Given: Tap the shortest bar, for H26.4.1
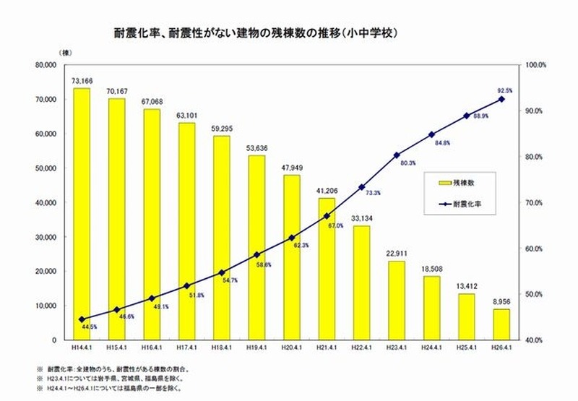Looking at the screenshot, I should pyautogui.click(x=501, y=324).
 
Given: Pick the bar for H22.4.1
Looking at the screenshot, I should pyautogui.click(x=361, y=283).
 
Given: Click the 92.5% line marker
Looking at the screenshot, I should pyautogui.click(x=501, y=99).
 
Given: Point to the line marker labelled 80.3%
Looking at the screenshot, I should pyautogui.click(x=397, y=155).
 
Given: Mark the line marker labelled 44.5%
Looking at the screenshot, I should pyautogui.click(x=82, y=319).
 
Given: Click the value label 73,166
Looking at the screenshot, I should pyautogui.click(x=82, y=81).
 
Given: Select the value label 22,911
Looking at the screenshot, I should pyautogui.click(x=397, y=254).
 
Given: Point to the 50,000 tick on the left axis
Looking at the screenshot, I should pyautogui.click(x=47, y=168).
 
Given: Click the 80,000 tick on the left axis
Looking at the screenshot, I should pyautogui.click(x=47, y=65).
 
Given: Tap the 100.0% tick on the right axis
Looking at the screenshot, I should pyautogui.click(x=535, y=65).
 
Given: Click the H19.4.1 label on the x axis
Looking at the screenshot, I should pyautogui.click(x=256, y=349).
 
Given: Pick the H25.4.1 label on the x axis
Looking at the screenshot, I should pyautogui.click(x=466, y=349).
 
